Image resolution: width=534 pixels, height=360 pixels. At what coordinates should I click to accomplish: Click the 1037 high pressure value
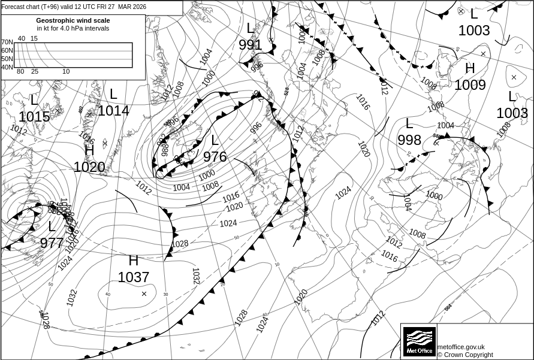pyautogui.click(x=133, y=277)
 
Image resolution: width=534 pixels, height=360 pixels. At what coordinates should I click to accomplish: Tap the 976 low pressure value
pyautogui.click(x=215, y=157)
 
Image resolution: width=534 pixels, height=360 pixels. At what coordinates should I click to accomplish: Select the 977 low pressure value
pyautogui.click(x=52, y=243)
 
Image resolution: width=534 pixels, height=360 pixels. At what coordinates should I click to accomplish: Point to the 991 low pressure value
pyautogui.click(x=250, y=45)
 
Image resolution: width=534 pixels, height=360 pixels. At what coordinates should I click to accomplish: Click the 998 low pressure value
pyautogui.click(x=409, y=140)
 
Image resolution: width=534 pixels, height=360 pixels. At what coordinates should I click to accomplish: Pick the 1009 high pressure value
pyautogui.click(x=470, y=85)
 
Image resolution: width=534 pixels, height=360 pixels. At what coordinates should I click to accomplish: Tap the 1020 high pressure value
pyautogui.click(x=89, y=167)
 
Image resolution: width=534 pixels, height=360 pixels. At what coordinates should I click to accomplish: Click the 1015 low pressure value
pyautogui.click(x=34, y=117)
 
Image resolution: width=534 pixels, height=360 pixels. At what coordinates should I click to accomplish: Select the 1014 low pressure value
pyautogui.click(x=113, y=111)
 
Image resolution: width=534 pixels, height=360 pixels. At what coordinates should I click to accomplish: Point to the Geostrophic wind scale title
pyautogui.click(x=73, y=20)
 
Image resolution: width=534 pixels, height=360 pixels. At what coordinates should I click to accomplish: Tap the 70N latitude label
pyautogui.click(x=7, y=43)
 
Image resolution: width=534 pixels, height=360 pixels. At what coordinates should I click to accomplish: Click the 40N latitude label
pyautogui.click(x=7, y=67)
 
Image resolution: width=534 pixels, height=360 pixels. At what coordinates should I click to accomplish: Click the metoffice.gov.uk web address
pyautogui.click(x=461, y=347)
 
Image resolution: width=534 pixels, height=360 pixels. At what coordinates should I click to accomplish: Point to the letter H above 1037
pyautogui.click(x=133, y=261)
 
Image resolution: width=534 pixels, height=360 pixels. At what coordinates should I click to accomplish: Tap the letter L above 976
pyautogui.click(x=215, y=141)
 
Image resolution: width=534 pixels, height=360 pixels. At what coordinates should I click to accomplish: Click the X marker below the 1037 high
pyautogui.click(x=144, y=294)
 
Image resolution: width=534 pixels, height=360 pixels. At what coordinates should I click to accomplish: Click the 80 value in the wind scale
pyautogui.click(x=20, y=72)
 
